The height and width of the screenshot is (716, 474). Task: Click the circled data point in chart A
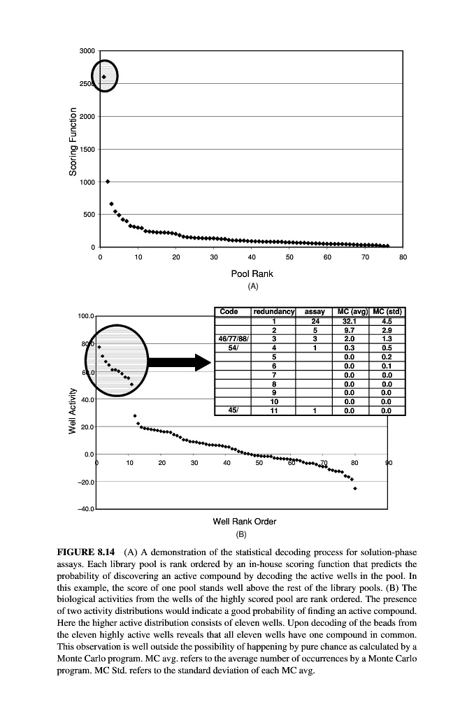click(x=104, y=77)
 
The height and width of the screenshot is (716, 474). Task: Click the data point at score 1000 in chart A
click(x=108, y=181)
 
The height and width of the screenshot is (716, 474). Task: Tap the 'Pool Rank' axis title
click(x=252, y=273)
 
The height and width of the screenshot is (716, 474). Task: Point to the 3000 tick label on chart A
click(x=87, y=51)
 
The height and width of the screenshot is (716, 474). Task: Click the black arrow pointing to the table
click(x=180, y=362)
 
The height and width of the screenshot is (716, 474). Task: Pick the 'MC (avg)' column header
click(x=353, y=311)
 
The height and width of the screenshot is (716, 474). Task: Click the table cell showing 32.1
click(x=353, y=320)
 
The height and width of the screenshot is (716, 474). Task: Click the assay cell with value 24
click(x=315, y=320)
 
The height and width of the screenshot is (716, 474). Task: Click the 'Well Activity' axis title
click(x=73, y=410)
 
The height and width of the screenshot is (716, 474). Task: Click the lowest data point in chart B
click(x=355, y=489)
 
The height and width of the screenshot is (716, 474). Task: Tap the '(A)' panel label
click(x=252, y=286)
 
